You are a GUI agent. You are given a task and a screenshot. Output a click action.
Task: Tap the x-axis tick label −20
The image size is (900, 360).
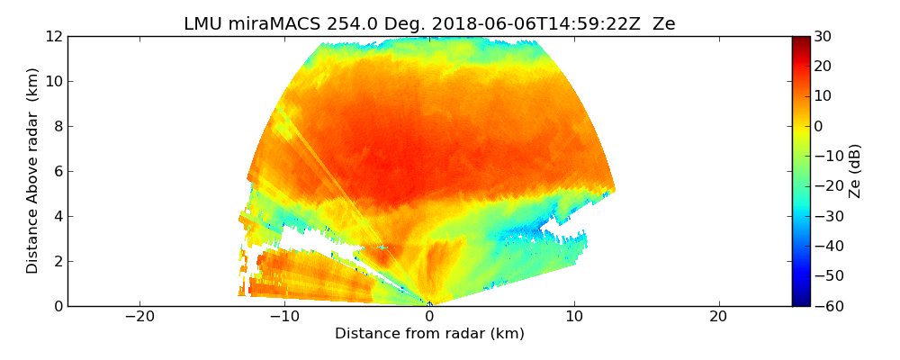point(139,317)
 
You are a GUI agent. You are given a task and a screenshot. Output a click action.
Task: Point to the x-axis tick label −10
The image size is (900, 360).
point(284,317)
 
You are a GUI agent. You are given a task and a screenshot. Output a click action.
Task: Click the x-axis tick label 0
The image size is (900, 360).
point(429,317)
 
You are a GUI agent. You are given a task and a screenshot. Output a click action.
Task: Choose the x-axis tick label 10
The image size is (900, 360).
point(574,317)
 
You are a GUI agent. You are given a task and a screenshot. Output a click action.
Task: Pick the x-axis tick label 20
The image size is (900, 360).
point(718,317)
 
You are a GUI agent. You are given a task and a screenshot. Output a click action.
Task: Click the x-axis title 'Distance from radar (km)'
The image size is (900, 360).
point(429,334)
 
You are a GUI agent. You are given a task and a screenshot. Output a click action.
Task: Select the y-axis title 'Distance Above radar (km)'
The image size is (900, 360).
point(33,171)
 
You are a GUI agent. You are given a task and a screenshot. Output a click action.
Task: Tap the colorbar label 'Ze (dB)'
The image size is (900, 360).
point(855,171)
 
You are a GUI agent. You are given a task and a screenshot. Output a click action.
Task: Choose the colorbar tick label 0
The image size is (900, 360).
point(820,127)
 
